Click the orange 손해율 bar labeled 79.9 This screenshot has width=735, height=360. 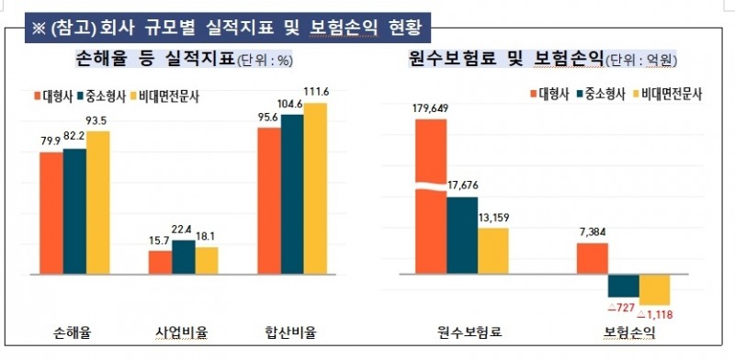point(51,213)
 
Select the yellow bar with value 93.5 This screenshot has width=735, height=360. point(97,203)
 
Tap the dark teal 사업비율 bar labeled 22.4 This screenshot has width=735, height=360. point(184,257)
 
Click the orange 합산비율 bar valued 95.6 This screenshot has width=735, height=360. point(268,201)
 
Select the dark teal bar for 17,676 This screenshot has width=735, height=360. point(462,234)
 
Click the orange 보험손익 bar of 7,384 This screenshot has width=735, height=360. point(592,258)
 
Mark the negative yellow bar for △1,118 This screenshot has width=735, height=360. point(654,289)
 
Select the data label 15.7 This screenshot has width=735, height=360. point(160,241)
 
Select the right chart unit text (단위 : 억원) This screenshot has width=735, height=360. point(639,62)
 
